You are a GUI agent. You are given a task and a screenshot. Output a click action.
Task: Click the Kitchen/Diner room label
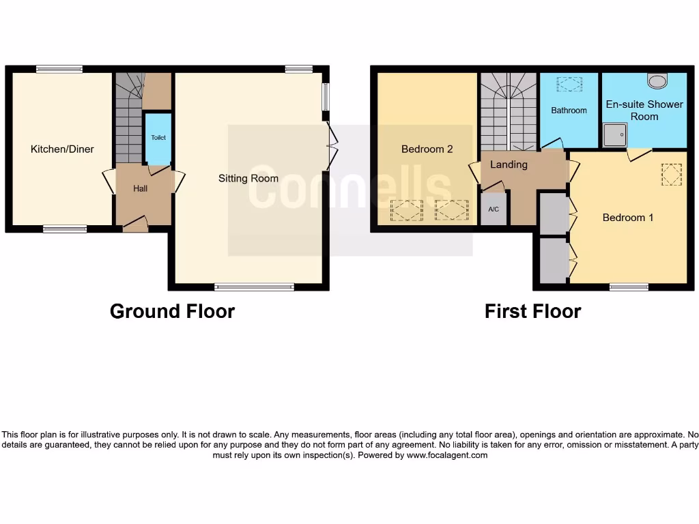[62, 149]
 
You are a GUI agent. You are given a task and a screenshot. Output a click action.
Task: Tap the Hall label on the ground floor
[140, 188]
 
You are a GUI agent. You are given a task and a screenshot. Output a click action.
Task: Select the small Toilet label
[158, 138]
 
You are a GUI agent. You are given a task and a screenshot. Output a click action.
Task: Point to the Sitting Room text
[248, 178]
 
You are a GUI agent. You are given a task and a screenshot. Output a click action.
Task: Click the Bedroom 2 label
[427, 149]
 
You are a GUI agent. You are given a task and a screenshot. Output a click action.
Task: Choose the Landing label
[509, 164]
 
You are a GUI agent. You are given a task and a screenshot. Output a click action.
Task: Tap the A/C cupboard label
[494, 209]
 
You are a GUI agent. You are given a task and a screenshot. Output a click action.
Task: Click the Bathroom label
[569, 110]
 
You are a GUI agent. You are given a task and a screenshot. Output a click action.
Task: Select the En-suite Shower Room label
[644, 110]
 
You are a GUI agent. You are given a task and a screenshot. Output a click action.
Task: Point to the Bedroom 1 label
[628, 218]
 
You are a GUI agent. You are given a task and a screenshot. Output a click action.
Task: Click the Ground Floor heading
[172, 311]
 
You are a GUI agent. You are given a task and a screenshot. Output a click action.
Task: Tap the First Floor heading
[532, 311]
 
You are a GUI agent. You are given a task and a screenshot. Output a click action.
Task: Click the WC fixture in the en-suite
[658, 81]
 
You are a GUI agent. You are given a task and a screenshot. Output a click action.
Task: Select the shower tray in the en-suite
[614, 134]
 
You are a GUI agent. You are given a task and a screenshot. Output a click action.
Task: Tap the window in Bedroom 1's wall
[629, 287]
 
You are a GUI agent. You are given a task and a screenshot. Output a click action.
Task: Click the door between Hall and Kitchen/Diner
[108, 181]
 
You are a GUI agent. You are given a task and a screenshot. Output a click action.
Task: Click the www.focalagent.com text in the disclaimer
[447, 455]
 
